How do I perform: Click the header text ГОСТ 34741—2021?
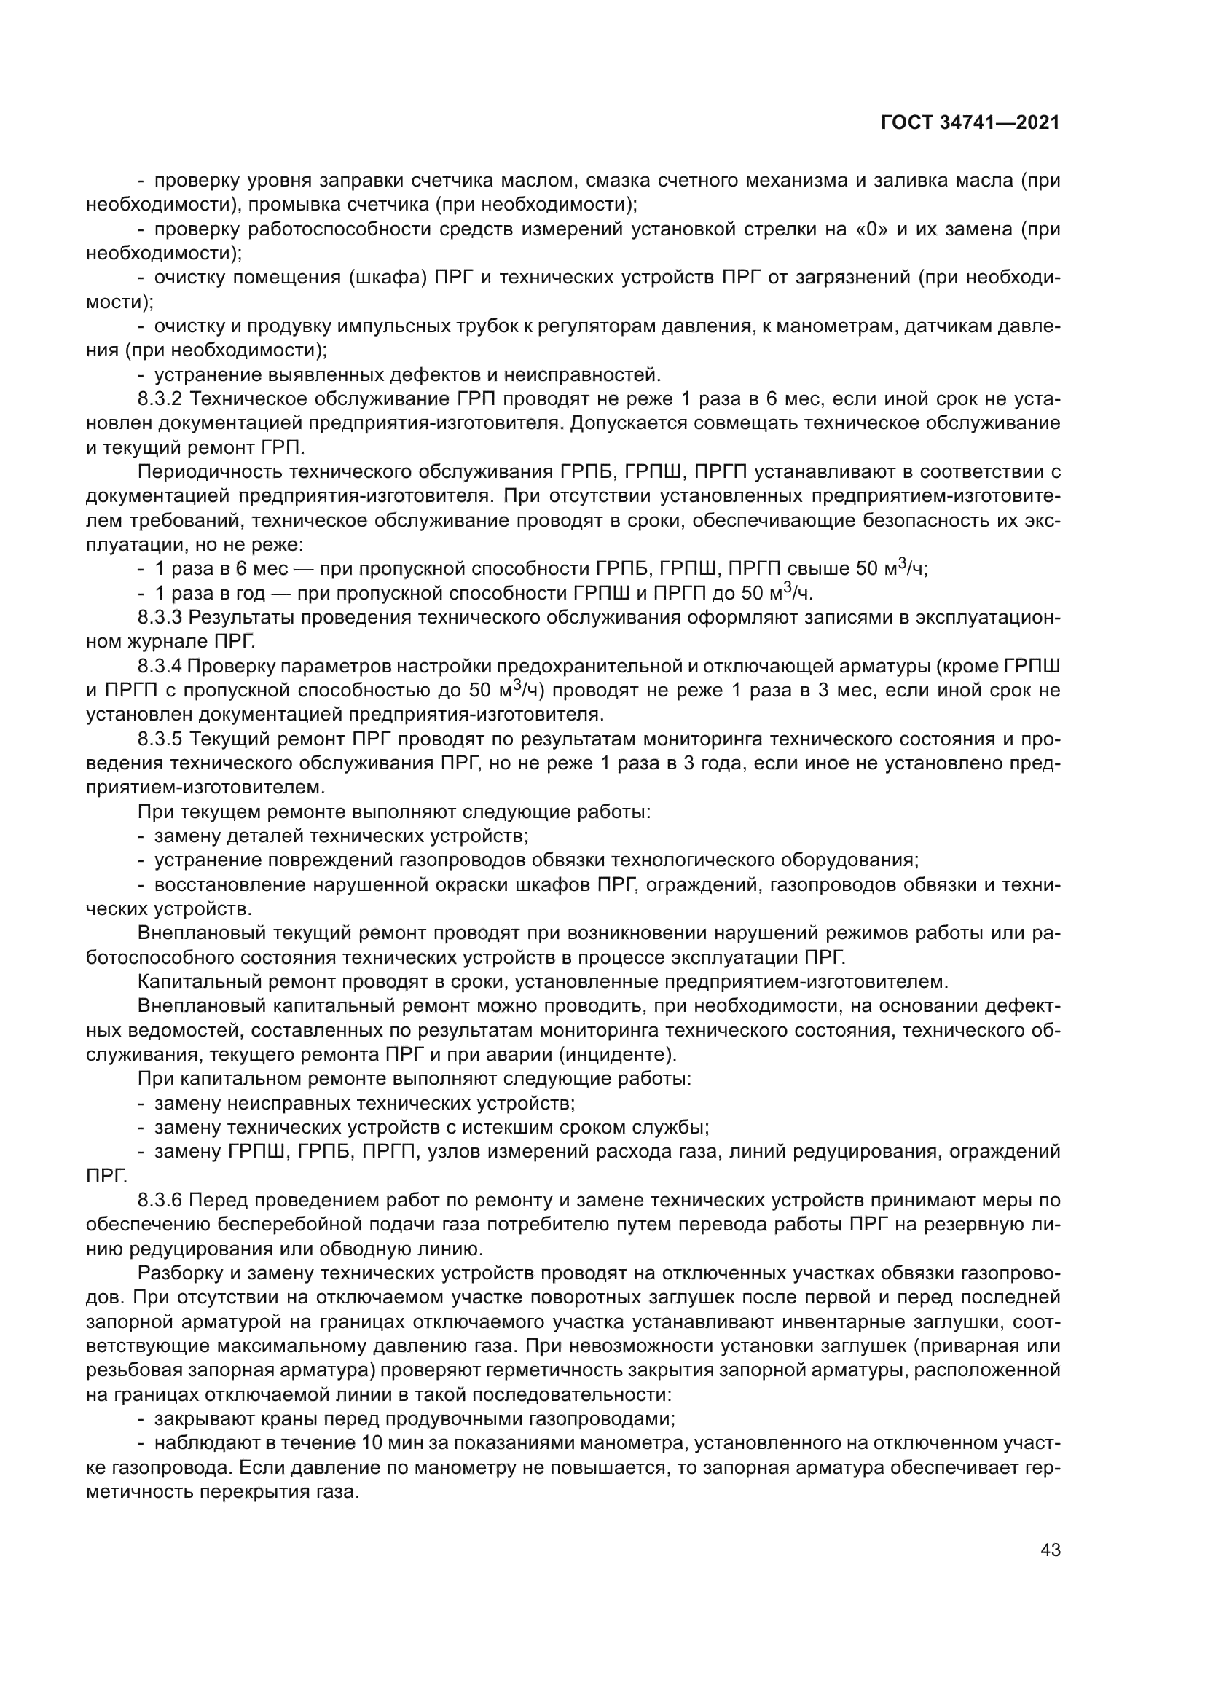click(x=970, y=123)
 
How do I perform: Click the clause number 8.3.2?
click(x=160, y=399)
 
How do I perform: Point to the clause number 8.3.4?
click(x=160, y=667)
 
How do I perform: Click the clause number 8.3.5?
click(x=160, y=739)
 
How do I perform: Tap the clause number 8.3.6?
click(x=160, y=1201)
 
